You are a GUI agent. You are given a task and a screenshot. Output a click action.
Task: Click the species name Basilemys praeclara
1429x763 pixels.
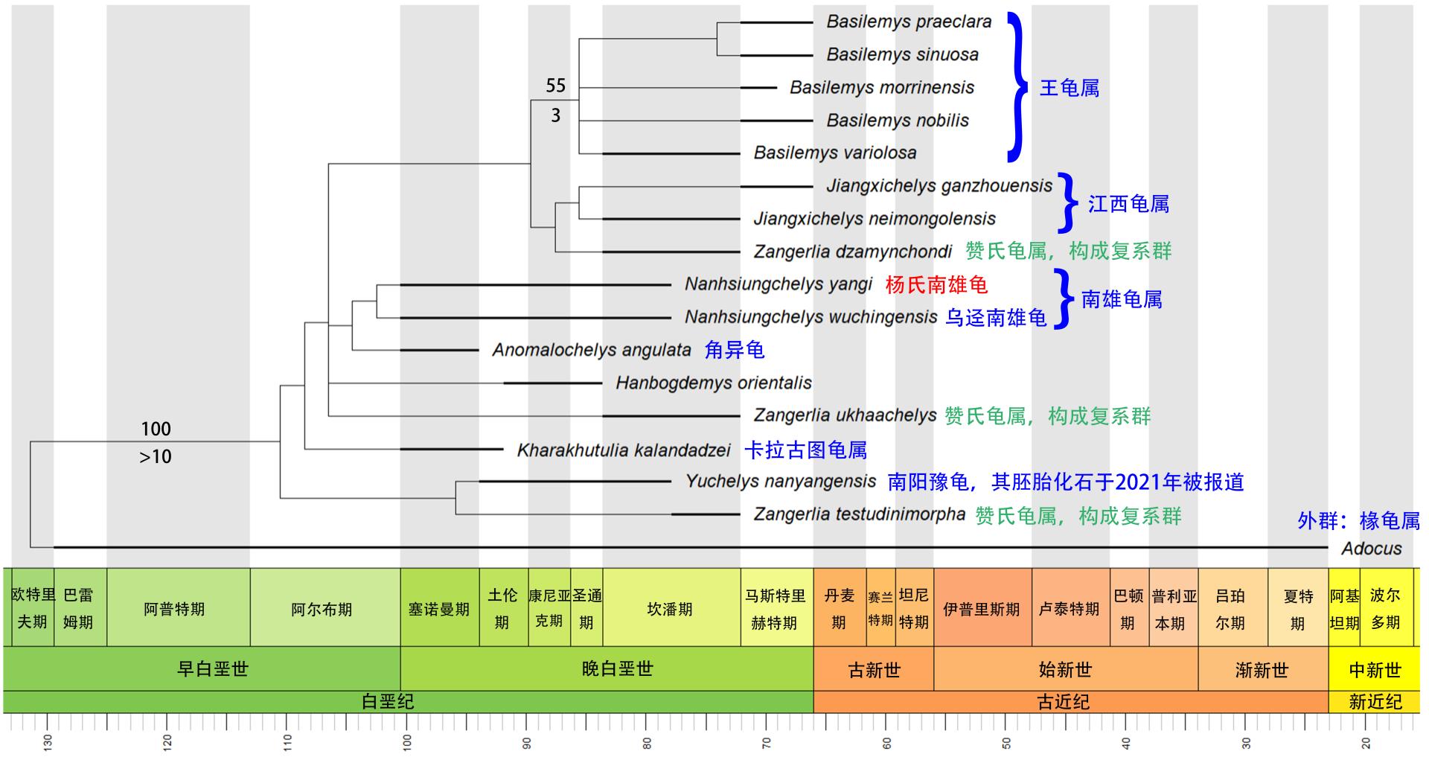[x=909, y=22]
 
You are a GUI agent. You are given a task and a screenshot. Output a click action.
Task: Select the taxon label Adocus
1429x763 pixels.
[x=1371, y=549]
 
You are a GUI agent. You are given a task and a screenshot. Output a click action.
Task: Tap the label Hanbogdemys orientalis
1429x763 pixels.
[x=713, y=383]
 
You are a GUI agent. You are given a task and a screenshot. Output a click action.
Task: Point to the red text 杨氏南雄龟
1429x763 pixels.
[x=936, y=285]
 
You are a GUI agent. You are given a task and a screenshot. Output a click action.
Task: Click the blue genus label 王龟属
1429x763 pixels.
[x=1069, y=88]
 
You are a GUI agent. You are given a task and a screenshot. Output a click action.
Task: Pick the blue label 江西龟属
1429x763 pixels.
[x=1128, y=204]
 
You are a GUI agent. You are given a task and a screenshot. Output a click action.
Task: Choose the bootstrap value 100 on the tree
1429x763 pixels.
[x=156, y=429]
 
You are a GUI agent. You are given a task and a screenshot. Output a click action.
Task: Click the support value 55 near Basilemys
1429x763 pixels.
[x=555, y=86]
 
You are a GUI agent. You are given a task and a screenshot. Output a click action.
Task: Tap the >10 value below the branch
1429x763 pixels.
[x=156, y=456]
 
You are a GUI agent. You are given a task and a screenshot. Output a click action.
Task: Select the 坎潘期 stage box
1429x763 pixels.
[x=670, y=609]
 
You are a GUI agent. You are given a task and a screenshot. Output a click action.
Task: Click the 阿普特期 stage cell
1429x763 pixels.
[x=174, y=609]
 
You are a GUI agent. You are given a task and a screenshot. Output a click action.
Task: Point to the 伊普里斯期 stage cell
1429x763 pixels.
[x=981, y=609]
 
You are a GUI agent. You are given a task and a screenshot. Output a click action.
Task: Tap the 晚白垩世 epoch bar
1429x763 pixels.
[x=617, y=668]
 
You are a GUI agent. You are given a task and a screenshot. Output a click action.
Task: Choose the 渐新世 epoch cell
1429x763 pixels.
[x=1262, y=670]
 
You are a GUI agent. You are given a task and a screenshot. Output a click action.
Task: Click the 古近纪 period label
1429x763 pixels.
[x=1063, y=702]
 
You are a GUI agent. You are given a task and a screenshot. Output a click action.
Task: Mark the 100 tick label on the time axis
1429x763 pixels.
[x=407, y=741]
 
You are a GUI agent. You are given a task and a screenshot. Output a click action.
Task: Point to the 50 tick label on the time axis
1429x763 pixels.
[x=1006, y=742]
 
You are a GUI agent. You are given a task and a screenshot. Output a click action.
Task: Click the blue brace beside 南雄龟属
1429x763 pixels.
[x=1064, y=299]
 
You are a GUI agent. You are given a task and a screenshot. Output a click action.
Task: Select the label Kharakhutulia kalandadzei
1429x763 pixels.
[x=624, y=450]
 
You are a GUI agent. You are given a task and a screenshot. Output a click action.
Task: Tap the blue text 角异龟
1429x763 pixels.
[x=734, y=350]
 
